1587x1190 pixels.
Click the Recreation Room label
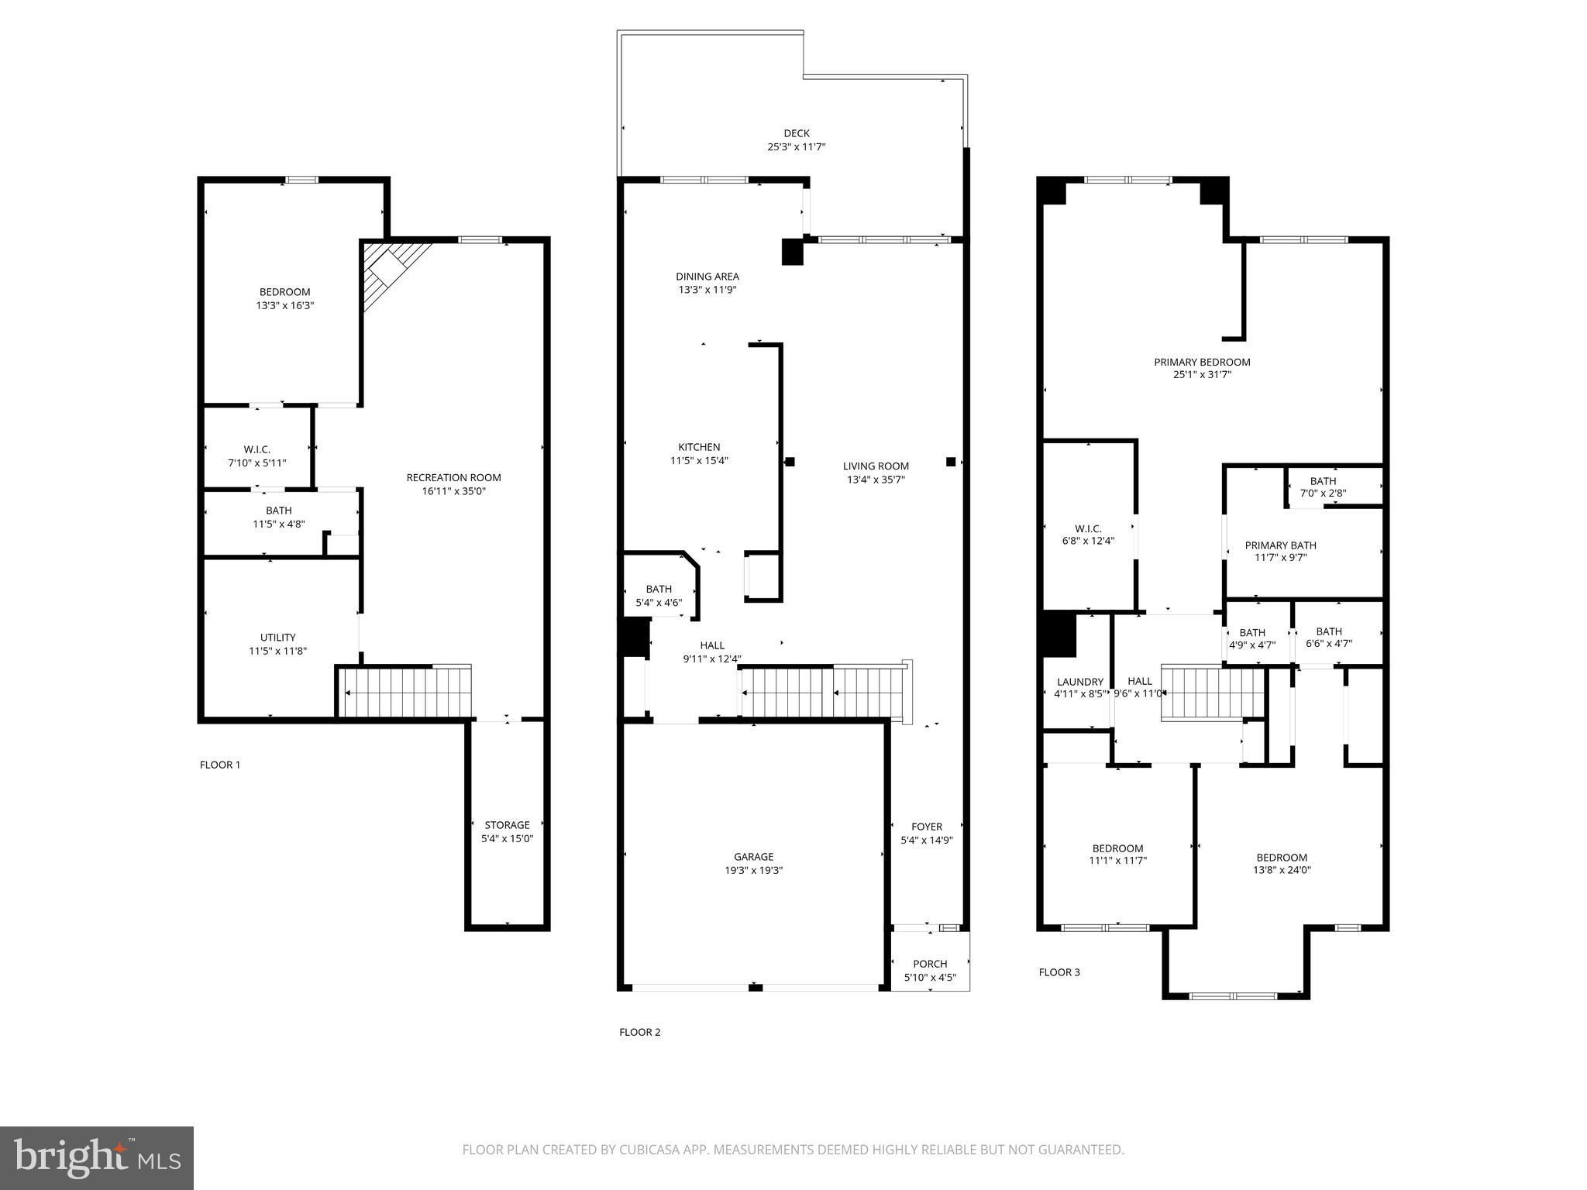coord(453,477)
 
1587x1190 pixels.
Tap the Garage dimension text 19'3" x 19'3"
coord(753,870)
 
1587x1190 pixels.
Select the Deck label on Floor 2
coord(796,133)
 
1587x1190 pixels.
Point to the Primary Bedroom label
coord(1202,362)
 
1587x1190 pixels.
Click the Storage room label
coord(507,825)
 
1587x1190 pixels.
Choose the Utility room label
coord(277,638)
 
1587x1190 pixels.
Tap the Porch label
coord(930,964)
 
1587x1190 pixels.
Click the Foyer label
coord(927,827)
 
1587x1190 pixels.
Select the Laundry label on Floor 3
coord(1079,682)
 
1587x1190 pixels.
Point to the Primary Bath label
coord(1280,545)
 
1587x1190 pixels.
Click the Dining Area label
coord(707,277)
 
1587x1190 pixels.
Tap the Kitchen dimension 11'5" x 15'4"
coord(699,460)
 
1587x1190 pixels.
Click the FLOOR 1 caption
coord(220,765)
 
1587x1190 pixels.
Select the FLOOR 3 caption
coord(1059,972)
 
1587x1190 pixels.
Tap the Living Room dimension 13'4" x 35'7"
coord(876,480)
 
